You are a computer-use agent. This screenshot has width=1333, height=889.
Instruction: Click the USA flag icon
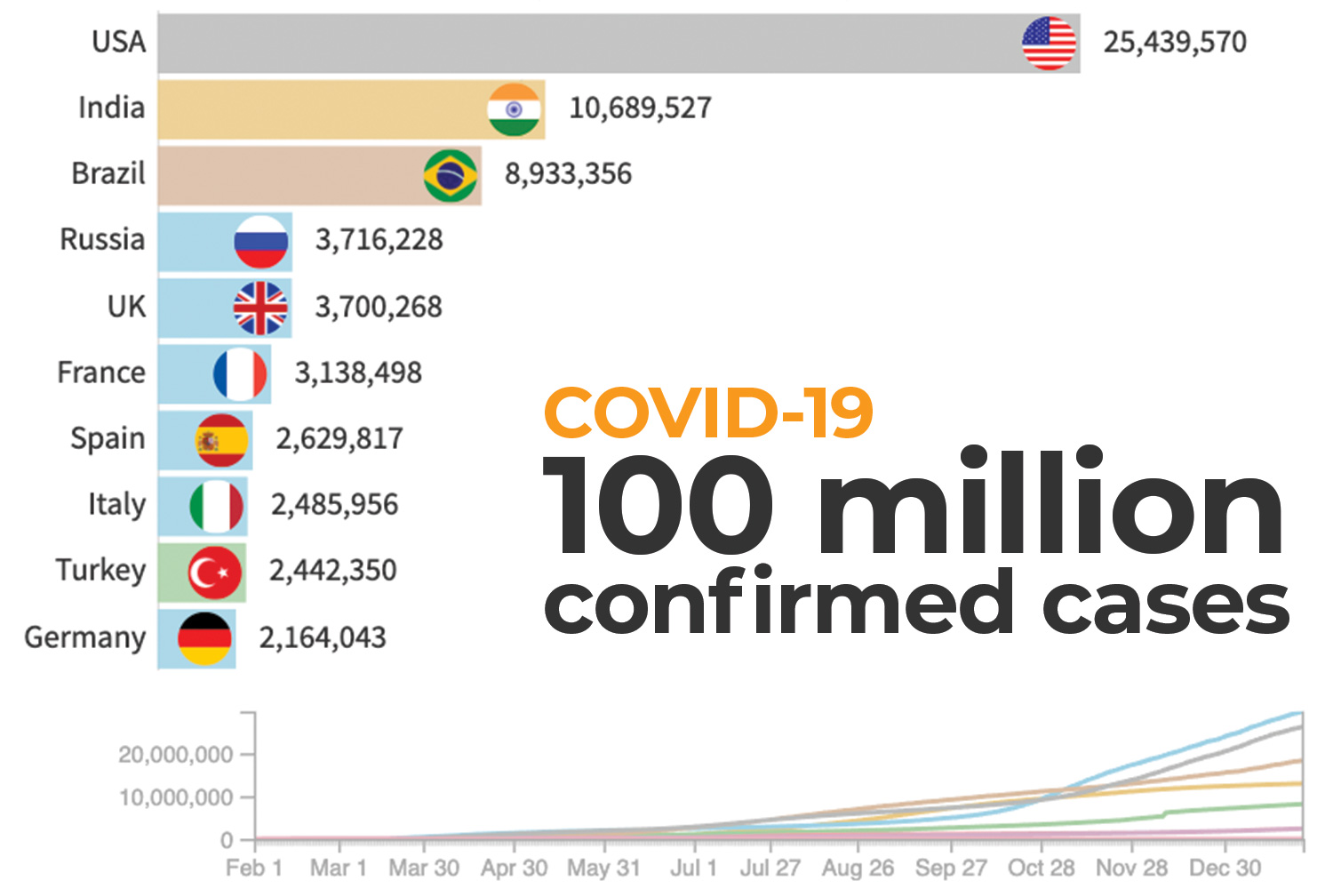coord(1049,43)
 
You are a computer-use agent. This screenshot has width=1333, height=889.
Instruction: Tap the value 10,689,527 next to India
coord(640,108)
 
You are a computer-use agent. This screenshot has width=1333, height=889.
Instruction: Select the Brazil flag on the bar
coord(451,175)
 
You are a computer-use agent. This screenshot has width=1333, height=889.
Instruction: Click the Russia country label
coord(102,240)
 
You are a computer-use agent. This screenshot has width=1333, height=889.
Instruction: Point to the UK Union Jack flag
coord(260,308)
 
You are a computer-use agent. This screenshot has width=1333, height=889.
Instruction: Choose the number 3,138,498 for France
coord(358,373)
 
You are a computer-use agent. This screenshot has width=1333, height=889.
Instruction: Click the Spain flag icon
coord(222,440)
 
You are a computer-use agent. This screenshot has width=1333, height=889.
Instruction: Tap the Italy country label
coord(116,505)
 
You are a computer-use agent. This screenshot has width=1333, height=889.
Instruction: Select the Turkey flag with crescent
coord(214,573)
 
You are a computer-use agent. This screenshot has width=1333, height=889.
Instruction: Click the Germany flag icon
coord(204,638)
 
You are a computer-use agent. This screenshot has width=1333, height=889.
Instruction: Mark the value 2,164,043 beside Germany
coord(323,638)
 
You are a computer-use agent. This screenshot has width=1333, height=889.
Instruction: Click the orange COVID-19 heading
coord(708,413)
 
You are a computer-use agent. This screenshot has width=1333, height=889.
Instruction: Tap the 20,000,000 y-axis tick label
coord(175,755)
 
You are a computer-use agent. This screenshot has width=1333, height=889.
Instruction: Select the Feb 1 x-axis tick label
coord(253,868)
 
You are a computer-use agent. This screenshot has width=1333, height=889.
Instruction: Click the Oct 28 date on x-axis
coord(1041,868)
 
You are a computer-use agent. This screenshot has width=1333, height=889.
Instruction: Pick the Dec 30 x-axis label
coord(1225,868)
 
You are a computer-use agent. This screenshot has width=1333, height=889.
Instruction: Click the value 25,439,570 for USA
coord(1175,43)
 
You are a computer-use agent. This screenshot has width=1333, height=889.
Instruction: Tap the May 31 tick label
coord(603,868)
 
